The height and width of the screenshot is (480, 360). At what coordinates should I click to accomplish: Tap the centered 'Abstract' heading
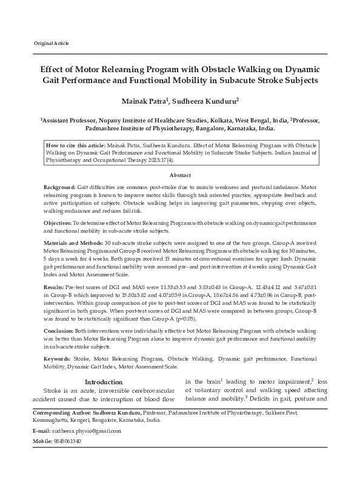pyautogui.click(x=180, y=175)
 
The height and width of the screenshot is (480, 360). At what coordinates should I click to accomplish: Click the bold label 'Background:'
pyautogui.click(x=60, y=189)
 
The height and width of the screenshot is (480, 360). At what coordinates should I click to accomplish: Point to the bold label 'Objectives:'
pyautogui.click(x=59, y=224)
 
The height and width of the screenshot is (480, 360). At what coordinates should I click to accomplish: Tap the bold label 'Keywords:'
pyautogui.click(x=58, y=359)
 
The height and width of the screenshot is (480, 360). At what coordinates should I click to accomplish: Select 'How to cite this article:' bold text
pyautogui.click(x=76, y=146)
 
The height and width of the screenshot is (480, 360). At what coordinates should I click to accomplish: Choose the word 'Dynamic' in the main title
pyautogui.click(x=302, y=68)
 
